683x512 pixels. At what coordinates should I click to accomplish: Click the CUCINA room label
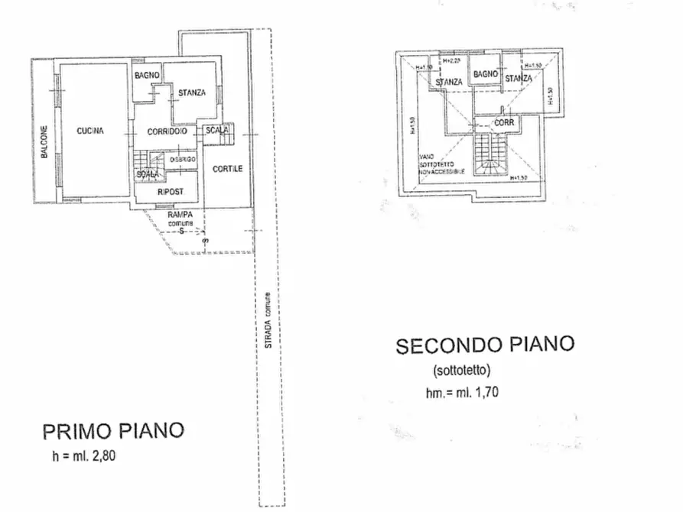pyautogui.click(x=90, y=131)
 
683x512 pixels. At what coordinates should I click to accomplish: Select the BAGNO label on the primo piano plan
pyautogui.click(x=146, y=75)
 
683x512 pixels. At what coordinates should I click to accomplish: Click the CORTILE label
pyautogui.click(x=227, y=169)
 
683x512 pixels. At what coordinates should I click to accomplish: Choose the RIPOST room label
pyautogui.click(x=169, y=192)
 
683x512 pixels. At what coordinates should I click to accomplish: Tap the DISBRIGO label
pyautogui.click(x=183, y=158)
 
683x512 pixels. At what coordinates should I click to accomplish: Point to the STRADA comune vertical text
pyautogui.click(x=268, y=321)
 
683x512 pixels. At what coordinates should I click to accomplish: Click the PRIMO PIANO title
pyautogui.click(x=113, y=431)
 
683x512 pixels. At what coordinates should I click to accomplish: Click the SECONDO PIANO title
pyautogui.click(x=484, y=345)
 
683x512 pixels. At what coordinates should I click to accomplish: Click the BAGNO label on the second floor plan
pyautogui.click(x=485, y=74)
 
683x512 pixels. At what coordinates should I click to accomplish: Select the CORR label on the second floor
pyautogui.click(x=503, y=122)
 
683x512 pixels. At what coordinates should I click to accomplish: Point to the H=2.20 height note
pyautogui.click(x=452, y=60)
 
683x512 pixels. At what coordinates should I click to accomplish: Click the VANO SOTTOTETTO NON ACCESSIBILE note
pyautogui.click(x=442, y=167)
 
